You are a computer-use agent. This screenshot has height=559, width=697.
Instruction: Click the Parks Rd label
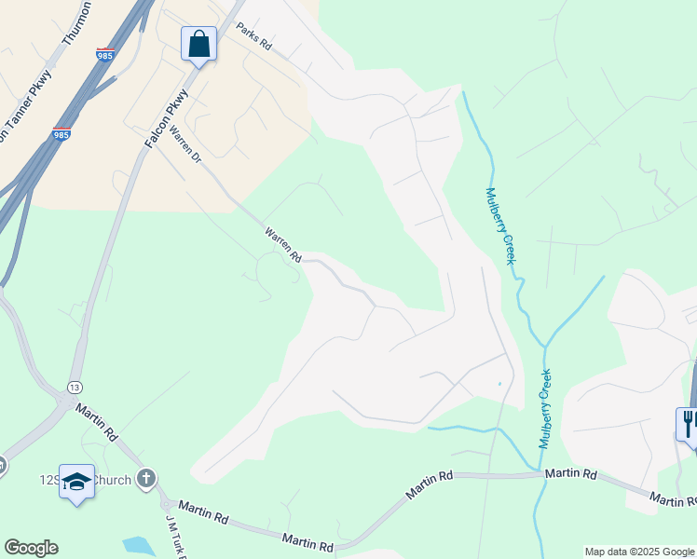tap(253, 36)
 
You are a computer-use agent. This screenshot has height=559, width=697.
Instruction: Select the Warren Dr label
tap(185, 146)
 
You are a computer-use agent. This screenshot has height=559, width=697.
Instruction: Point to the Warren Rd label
tap(282, 244)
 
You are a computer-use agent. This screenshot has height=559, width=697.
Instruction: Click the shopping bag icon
tap(198, 44)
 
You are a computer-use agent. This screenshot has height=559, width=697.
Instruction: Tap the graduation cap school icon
tap(76, 482)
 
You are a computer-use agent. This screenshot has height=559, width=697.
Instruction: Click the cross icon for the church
tap(145, 479)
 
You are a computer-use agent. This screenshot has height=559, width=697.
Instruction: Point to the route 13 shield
tap(74, 386)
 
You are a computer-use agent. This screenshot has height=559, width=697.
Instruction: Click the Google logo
tap(31, 548)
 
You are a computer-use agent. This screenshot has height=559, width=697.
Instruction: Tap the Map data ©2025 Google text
tap(639, 552)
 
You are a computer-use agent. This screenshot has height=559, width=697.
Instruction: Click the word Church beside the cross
tap(114, 480)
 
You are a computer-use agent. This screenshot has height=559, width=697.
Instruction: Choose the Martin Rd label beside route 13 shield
tap(97, 422)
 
